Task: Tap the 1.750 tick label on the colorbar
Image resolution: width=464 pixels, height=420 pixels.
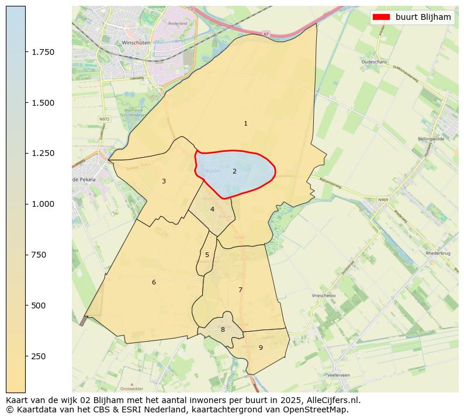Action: coord(42,52)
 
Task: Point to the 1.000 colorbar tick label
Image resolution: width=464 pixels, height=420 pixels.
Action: coord(42,204)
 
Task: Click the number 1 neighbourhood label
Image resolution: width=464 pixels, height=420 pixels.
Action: coord(245,123)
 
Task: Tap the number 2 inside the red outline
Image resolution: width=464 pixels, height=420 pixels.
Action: coord(234,171)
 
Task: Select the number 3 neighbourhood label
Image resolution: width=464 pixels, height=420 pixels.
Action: coord(164,181)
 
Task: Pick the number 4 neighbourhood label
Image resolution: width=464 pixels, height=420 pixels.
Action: coord(212,209)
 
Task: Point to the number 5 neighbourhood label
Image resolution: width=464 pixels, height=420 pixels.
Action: coord(207,255)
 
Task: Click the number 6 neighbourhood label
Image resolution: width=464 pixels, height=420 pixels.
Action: coord(154,282)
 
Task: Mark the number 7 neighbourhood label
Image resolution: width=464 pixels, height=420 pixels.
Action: coord(240,290)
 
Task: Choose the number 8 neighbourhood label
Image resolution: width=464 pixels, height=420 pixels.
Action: coord(223,329)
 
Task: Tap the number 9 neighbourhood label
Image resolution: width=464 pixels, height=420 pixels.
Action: coord(261,348)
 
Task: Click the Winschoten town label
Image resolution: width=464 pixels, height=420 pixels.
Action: coord(136,43)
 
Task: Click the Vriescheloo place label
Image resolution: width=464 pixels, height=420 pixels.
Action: coord(324,296)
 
